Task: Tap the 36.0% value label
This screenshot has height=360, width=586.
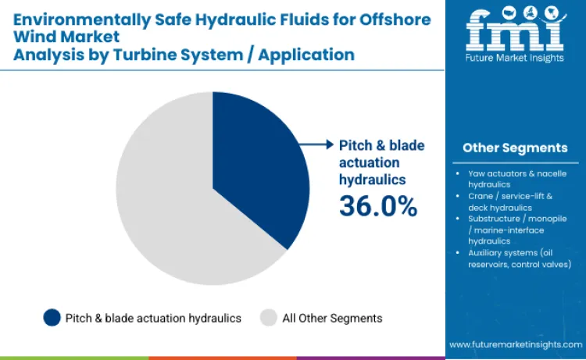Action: pos(377,205)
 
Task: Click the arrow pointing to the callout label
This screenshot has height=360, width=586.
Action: pos(319,144)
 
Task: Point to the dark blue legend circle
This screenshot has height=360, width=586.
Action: pos(52,318)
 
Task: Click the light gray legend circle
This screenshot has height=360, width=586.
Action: pos(269,318)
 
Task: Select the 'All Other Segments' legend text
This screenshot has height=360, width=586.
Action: pos(332,318)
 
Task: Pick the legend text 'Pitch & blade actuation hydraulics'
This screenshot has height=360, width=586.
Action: pos(154,318)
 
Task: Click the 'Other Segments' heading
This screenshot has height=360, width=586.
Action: pos(515,148)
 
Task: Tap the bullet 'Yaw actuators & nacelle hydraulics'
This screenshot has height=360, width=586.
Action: pos(516,178)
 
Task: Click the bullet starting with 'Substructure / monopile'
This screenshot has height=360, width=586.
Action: pos(516,230)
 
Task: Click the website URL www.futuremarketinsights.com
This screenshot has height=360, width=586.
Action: pos(515,344)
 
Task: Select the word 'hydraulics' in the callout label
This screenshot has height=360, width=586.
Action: pos(372,179)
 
